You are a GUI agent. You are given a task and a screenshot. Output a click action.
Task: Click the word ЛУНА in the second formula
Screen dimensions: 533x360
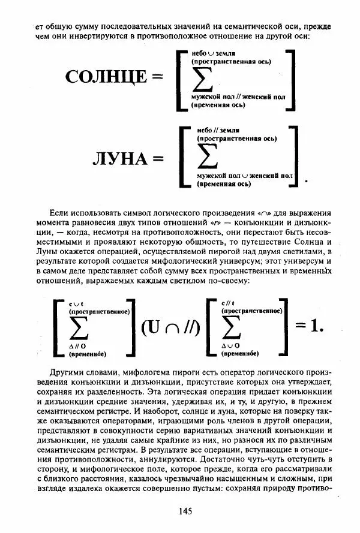(119, 159)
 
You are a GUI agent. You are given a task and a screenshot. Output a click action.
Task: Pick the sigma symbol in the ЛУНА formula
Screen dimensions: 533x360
(208, 156)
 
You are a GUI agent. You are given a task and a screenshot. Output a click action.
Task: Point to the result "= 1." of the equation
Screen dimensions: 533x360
(310, 326)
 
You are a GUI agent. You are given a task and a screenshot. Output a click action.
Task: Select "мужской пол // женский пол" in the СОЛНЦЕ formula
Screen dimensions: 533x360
(238, 96)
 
